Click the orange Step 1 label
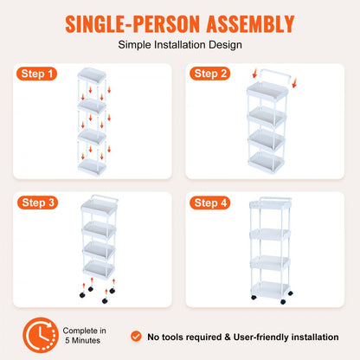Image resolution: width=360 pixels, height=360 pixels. click(x=38, y=74)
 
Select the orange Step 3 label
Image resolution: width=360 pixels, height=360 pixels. click(x=38, y=203)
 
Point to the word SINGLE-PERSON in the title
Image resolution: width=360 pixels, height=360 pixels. click(x=122, y=23)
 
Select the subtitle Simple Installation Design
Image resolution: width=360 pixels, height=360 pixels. click(x=180, y=43)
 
